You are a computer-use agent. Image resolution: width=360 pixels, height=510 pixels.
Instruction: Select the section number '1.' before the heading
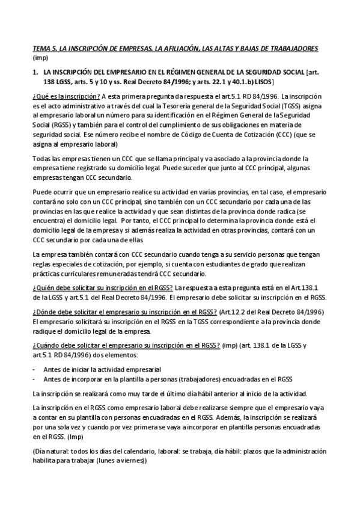(35, 72)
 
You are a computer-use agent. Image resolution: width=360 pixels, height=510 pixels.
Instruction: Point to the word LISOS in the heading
(262, 81)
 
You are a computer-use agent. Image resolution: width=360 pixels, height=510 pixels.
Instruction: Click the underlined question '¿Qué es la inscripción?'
(66, 96)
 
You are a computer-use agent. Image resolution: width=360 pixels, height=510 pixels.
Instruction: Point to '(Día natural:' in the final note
(51, 451)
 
